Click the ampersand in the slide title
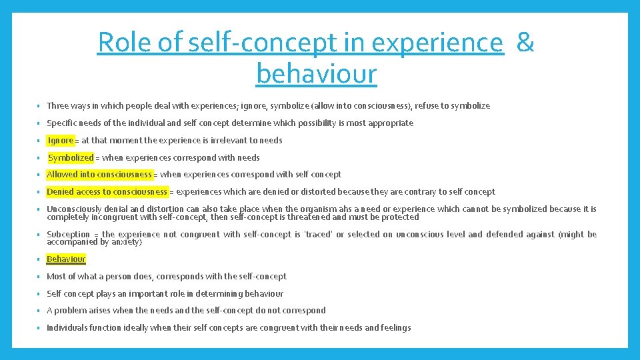click(x=525, y=43)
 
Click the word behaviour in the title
click(x=317, y=73)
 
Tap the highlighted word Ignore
click(x=61, y=141)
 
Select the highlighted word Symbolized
click(x=71, y=158)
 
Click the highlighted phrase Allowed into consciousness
click(x=99, y=175)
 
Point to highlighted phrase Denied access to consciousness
click(x=107, y=192)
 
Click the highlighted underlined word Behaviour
click(x=66, y=259)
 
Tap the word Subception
click(x=68, y=235)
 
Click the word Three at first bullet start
click(x=57, y=106)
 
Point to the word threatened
click(x=309, y=217)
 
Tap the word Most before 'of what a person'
click(x=56, y=277)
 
